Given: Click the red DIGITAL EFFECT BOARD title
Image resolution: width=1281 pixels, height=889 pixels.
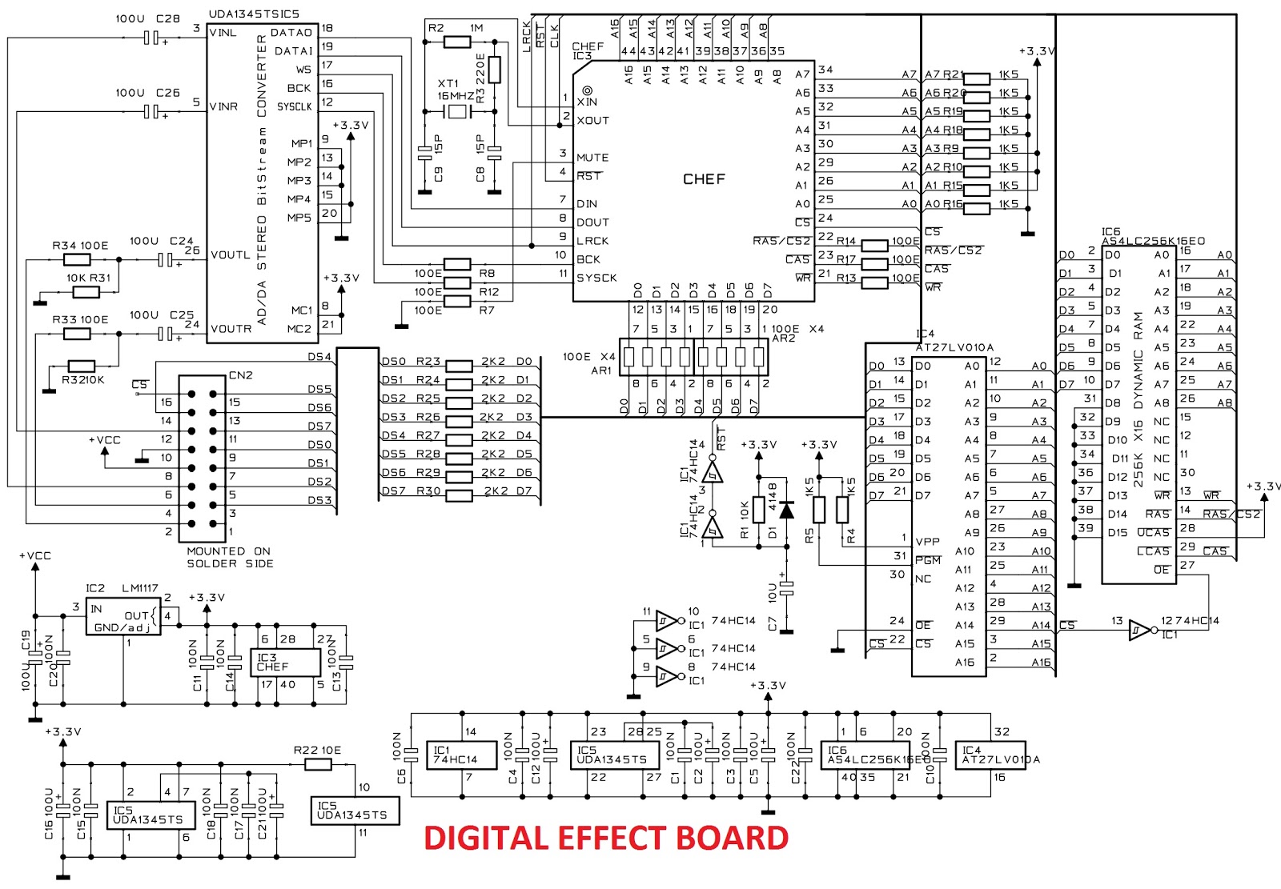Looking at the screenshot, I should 606,838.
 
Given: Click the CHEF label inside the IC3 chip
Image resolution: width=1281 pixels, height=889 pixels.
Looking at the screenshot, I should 704,179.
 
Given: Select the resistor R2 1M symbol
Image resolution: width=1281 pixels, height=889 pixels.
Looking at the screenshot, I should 456,42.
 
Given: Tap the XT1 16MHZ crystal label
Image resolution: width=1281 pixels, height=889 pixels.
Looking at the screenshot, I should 455,90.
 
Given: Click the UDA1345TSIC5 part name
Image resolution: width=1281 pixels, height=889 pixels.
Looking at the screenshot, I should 254,14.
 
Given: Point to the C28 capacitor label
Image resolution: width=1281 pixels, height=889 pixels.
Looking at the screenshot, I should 168,18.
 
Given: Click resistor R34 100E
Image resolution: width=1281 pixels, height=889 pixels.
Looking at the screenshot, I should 77,260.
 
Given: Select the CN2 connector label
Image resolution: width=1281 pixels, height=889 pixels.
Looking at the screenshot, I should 240,374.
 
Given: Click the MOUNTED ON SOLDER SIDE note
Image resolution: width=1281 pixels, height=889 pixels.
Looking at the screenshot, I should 230,557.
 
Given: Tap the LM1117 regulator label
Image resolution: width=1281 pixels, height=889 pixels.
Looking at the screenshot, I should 139,588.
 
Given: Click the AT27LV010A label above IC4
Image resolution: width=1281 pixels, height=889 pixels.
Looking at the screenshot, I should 954,347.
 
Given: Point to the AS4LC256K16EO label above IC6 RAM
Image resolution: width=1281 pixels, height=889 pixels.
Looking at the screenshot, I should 1153,241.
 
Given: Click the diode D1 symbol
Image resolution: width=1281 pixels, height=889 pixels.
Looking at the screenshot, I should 786,509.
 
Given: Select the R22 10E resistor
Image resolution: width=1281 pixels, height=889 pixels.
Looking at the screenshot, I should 318,764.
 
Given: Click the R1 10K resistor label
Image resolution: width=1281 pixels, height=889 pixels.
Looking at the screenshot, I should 744,520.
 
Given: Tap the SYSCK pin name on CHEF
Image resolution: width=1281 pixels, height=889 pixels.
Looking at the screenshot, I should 596,278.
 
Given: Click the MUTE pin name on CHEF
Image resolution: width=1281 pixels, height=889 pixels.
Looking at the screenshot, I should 592,158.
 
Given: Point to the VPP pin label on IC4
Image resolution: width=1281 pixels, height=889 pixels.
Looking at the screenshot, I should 927,542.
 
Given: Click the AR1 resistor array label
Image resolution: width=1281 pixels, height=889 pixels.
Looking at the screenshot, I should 600,370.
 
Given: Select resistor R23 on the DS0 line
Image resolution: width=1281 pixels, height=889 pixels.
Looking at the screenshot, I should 458,366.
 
